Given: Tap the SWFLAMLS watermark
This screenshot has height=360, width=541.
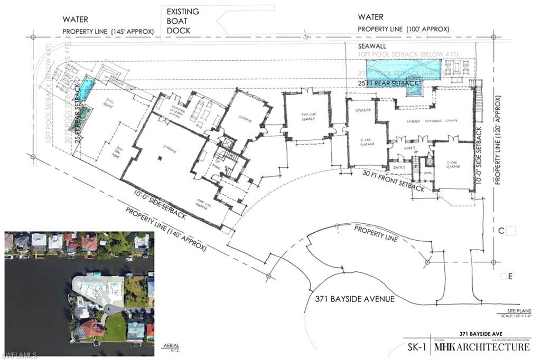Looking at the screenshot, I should point(19,353).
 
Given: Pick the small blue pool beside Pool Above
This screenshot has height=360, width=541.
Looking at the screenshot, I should point(86,86).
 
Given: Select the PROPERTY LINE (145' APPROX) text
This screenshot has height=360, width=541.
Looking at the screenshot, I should point(108,32).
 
